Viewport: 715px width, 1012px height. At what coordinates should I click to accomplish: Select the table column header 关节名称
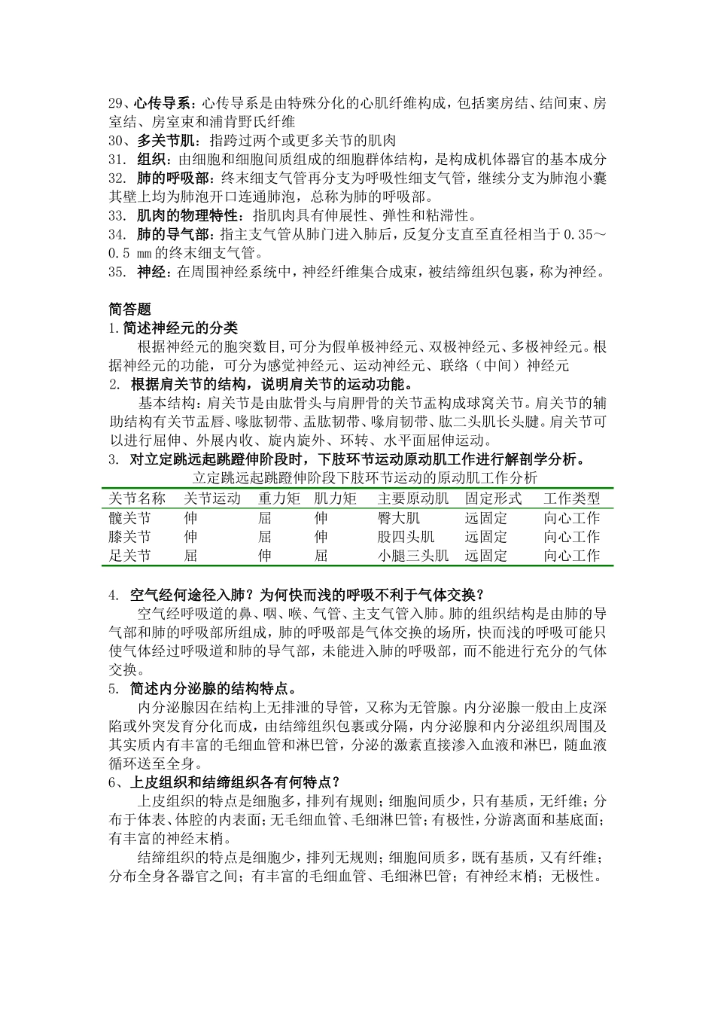[137, 498]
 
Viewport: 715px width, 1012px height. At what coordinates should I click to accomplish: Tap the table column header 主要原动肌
[412, 498]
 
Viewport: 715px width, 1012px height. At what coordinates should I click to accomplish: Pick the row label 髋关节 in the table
[129, 518]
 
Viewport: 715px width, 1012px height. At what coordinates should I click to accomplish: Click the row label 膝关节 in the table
[129, 537]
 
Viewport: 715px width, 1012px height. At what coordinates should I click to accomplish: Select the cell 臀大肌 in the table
[398, 518]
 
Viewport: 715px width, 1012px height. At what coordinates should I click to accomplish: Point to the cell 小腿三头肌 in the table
[412, 556]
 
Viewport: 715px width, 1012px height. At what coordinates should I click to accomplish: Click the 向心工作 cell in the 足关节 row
[571, 556]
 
